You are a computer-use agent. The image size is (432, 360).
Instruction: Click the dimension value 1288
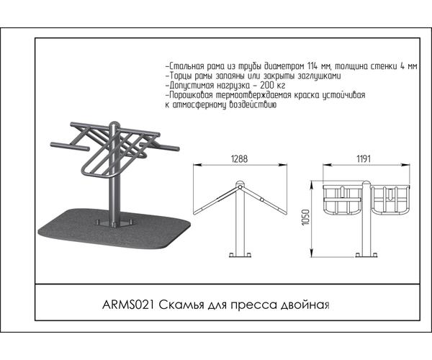[x=240, y=159]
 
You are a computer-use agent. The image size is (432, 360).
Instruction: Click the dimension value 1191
[x=364, y=159]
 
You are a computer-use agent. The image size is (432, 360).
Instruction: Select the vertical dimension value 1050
[x=306, y=217]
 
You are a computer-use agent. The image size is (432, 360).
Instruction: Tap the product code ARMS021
[x=128, y=305]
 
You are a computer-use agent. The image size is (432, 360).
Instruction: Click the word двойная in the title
[x=305, y=305]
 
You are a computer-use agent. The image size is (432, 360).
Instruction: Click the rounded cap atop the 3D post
[x=114, y=125]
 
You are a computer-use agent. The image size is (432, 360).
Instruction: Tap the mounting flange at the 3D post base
[x=114, y=222]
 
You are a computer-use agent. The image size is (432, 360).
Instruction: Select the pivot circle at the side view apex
[x=240, y=187]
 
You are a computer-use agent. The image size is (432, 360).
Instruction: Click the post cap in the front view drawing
[x=366, y=183]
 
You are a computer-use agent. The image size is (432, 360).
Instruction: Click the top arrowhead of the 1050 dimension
[x=312, y=185]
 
